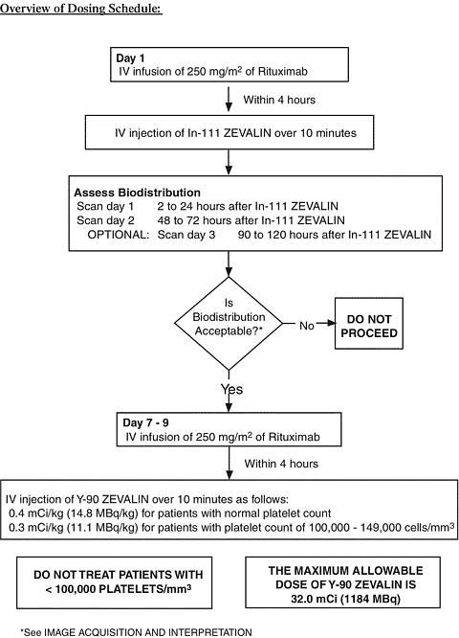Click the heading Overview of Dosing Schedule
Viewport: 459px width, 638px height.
pyautogui.click(x=81, y=8)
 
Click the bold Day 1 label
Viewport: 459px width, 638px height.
pyautogui.click(x=130, y=57)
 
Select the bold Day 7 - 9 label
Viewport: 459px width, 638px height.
pyautogui.click(x=145, y=422)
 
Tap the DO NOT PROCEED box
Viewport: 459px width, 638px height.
pyautogui.click(x=369, y=324)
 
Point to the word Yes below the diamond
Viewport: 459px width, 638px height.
pyautogui.click(x=232, y=389)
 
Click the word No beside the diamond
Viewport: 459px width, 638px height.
pyautogui.click(x=307, y=326)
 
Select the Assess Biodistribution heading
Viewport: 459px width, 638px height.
pyautogui.click(x=137, y=193)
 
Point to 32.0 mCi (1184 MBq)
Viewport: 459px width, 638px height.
pyautogui.click(x=345, y=599)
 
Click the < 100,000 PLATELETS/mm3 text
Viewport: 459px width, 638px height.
pyautogui.click(x=119, y=589)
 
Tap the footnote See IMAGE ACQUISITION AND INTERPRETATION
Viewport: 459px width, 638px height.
pyautogui.click(x=136, y=632)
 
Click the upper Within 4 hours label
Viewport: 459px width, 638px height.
pyautogui.click(x=279, y=100)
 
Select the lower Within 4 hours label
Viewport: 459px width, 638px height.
pyautogui.click(x=281, y=464)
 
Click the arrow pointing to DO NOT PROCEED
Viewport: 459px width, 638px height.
pyautogui.click(x=326, y=324)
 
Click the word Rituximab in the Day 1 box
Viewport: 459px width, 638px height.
pyautogui.click(x=282, y=72)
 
